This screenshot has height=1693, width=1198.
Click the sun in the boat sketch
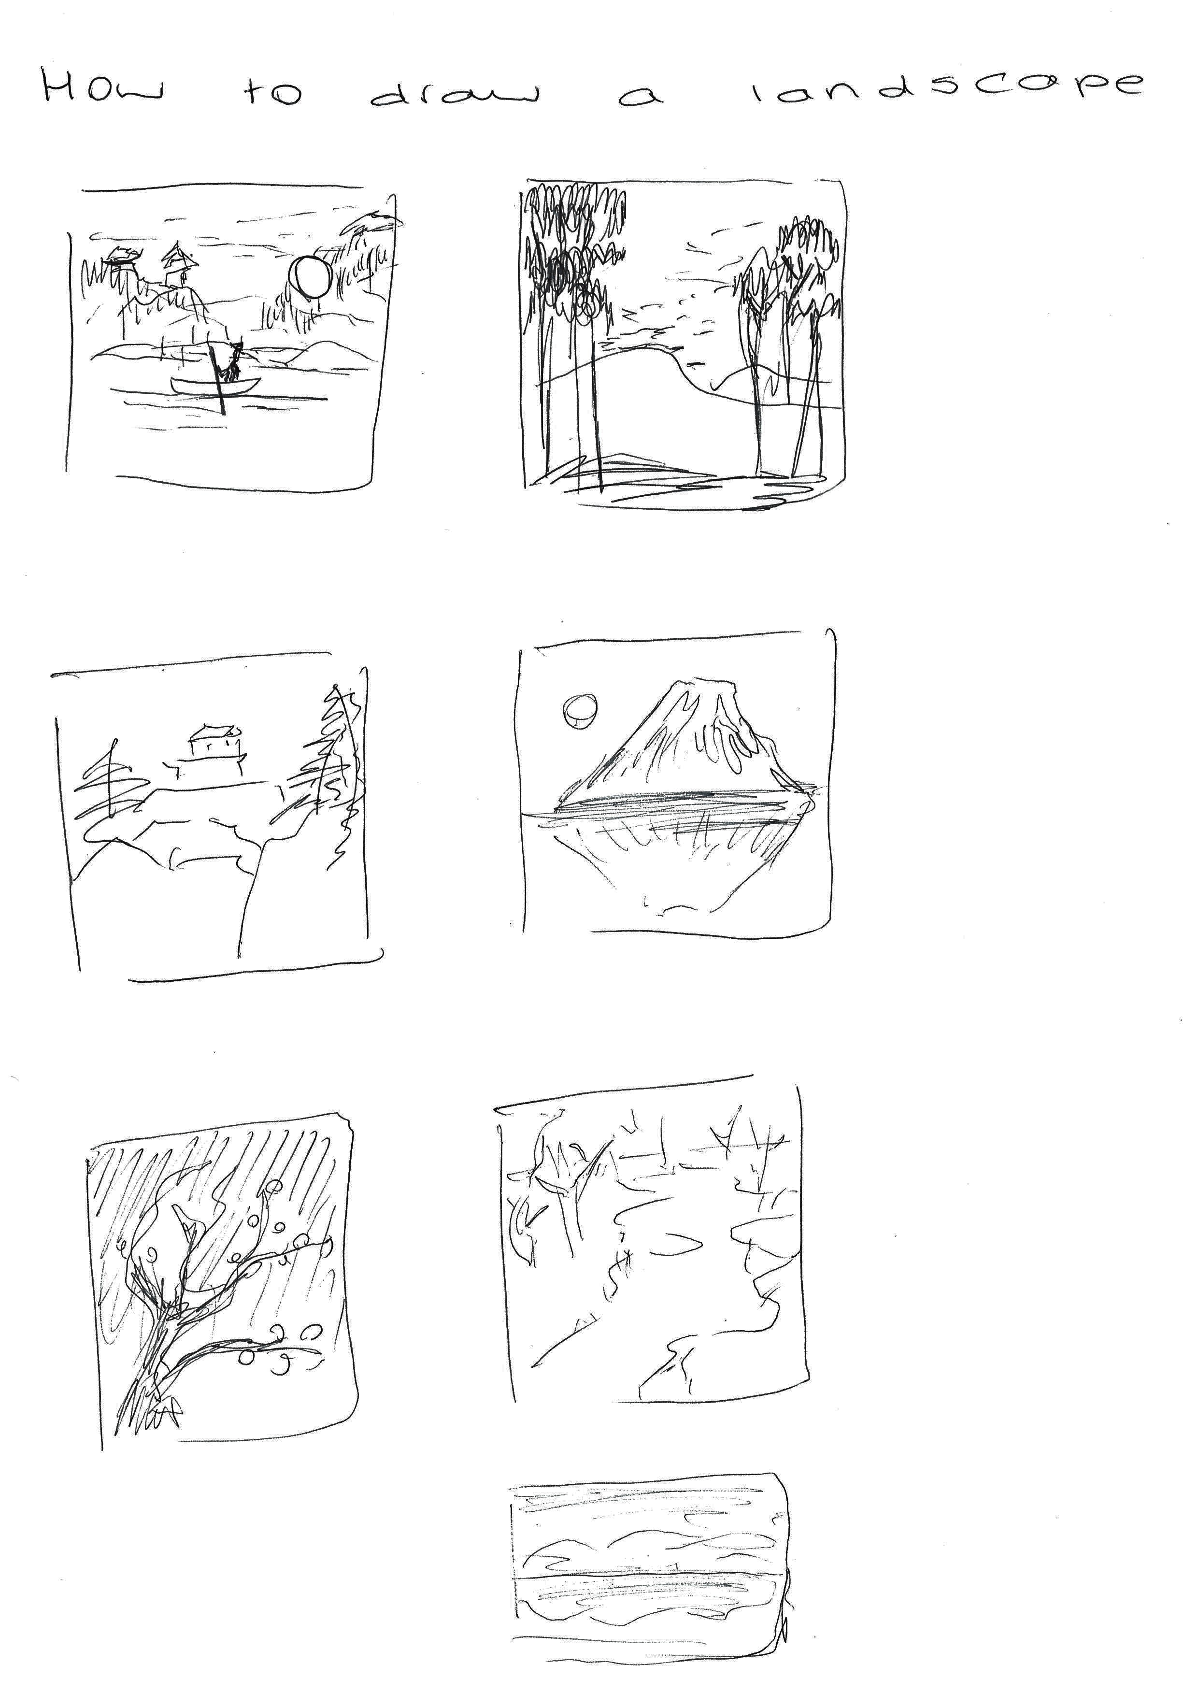[x=309, y=277]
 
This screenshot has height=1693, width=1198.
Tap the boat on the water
[x=215, y=385]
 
